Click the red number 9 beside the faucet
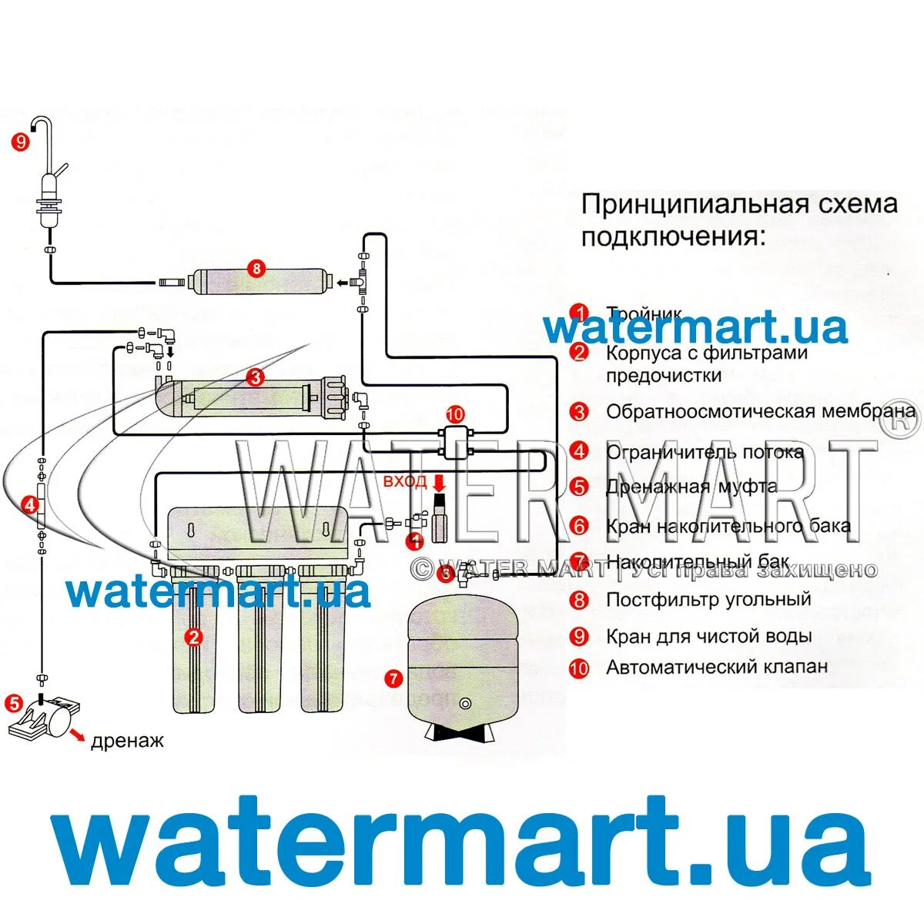(20, 141)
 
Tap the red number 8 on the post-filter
(256, 269)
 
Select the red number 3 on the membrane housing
(256, 377)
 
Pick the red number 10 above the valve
(455, 415)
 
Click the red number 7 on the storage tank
(393, 678)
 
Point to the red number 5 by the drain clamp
(14, 702)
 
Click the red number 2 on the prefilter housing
(193, 637)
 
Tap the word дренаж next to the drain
(127, 742)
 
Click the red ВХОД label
(405, 483)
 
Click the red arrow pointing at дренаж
(77, 736)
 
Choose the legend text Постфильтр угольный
(708, 599)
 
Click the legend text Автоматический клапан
(717, 667)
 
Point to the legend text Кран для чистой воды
(708, 637)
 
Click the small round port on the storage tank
(465, 702)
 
